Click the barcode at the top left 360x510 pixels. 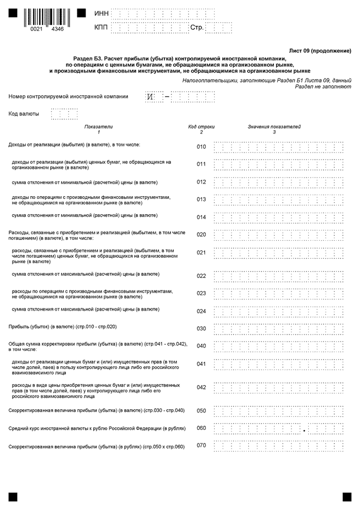[44, 17]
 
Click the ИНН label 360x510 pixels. [101, 13]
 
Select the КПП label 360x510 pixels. [101, 27]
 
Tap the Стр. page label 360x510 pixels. [197, 27]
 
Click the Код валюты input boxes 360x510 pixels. [64, 114]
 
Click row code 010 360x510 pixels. [202, 147]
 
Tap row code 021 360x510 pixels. [202, 253]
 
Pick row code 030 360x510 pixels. [202, 329]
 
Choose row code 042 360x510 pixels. [202, 387]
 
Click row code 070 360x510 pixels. [202, 446]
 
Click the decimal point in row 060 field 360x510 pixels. [303, 430]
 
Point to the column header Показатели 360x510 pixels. [99, 126]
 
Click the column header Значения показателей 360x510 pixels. [274, 126]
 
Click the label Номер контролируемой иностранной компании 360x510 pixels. [69, 96]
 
